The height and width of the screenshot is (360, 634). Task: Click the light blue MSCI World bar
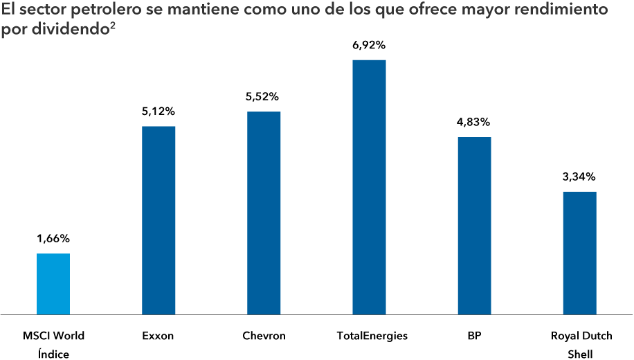pyautogui.click(x=53, y=284)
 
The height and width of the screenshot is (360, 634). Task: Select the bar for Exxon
pyautogui.click(x=158, y=220)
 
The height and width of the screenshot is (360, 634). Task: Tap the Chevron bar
pyautogui.click(x=264, y=213)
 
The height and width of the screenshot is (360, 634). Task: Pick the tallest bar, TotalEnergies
pyautogui.click(x=369, y=187)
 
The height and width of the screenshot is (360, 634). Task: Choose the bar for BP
pyautogui.click(x=474, y=226)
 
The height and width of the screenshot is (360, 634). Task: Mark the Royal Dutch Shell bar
pyautogui.click(x=579, y=253)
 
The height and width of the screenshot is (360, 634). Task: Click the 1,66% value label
pyautogui.click(x=53, y=239)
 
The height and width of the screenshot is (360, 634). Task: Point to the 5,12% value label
pyautogui.click(x=158, y=111)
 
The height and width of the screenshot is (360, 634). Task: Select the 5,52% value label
pyautogui.click(x=264, y=97)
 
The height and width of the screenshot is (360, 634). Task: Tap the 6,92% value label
pyautogui.click(x=369, y=45)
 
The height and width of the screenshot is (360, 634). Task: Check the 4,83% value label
pyautogui.click(x=474, y=122)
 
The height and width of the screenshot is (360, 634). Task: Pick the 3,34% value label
pyautogui.click(x=579, y=177)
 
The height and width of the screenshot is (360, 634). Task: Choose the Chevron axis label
pyautogui.click(x=264, y=336)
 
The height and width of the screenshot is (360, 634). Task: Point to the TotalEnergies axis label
pyautogui.click(x=372, y=336)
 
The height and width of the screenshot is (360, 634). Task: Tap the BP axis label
pyautogui.click(x=474, y=336)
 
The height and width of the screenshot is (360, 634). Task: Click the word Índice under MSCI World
pyautogui.click(x=53, y=354)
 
